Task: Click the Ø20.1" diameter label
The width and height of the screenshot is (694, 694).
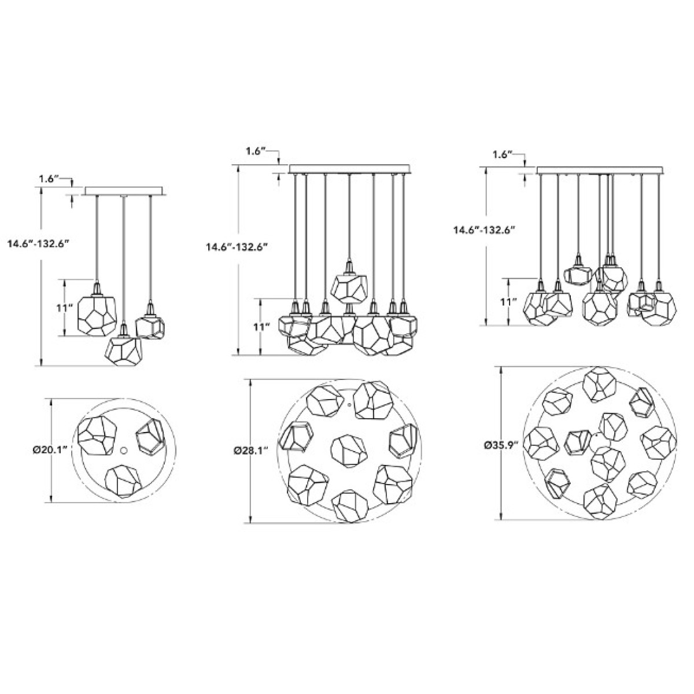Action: [52, 450]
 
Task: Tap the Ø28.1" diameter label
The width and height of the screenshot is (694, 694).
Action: [250, 451]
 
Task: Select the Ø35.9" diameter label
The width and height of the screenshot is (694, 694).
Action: [501, 445]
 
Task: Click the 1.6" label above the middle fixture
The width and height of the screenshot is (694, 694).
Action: [256, 152]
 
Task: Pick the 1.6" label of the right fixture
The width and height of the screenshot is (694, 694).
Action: [503, 155]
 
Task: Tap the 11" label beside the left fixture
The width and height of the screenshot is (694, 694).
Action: [65, 308]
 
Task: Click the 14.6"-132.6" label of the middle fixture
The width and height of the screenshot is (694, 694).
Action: [237, 248]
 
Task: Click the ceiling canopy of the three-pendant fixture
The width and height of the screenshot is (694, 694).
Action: [124, 191]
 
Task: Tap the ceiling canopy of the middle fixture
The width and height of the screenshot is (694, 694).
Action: [350, 169]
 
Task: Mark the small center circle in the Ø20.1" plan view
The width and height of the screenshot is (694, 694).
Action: [124, 451]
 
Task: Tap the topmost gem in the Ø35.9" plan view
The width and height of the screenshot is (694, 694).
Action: [600, 385]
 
